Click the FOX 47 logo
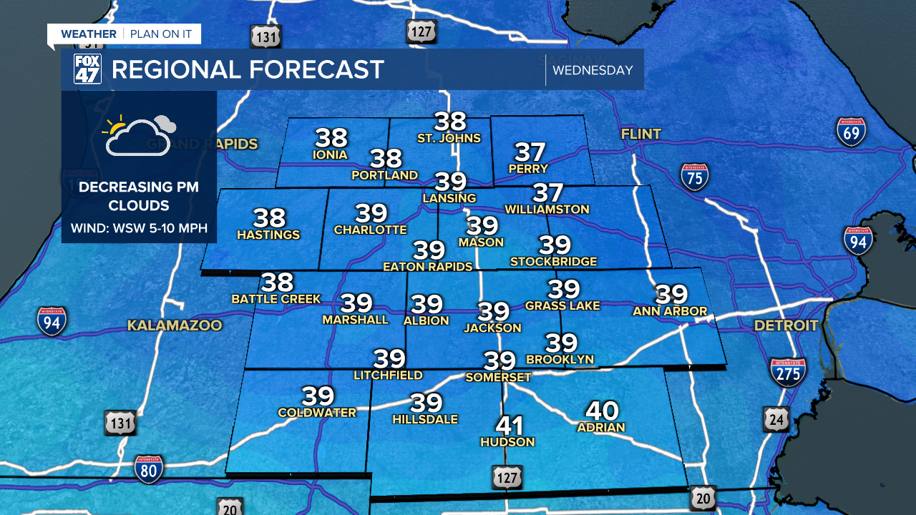pos(87,69)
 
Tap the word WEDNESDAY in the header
pos(593,70)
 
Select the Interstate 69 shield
pos(851,132)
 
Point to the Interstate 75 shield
pos(695,176)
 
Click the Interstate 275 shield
pos(788,372)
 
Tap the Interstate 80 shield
pos(149,469)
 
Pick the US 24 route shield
pos(775,419)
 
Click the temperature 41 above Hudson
pos(510,426)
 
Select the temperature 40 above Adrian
pos(601,411)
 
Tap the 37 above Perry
pos(530,152)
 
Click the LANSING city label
pos(449,197)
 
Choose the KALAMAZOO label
pos(175,325)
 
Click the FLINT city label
pos(640,134)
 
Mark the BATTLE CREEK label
pos(276,298)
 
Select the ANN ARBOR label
pos(670,310)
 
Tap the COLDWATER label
pos(317,413)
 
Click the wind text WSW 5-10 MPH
pos(139,229)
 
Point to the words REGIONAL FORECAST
pos(248,70)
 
